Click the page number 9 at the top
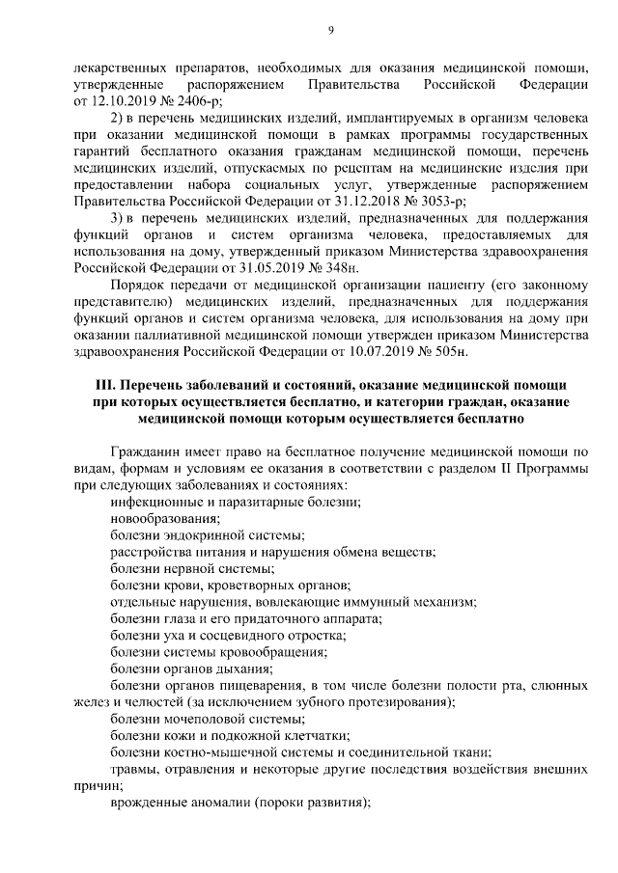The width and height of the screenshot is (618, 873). pyautogui.click(x=330, y=31)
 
